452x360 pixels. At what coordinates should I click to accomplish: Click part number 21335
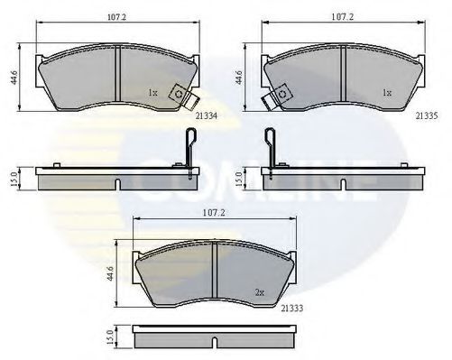coord(428,115)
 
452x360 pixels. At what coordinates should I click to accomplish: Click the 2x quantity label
coord(260,293)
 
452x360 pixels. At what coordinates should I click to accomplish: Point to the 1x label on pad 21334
coord(153,92)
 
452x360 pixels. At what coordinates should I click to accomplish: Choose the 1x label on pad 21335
coord(385,92)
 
